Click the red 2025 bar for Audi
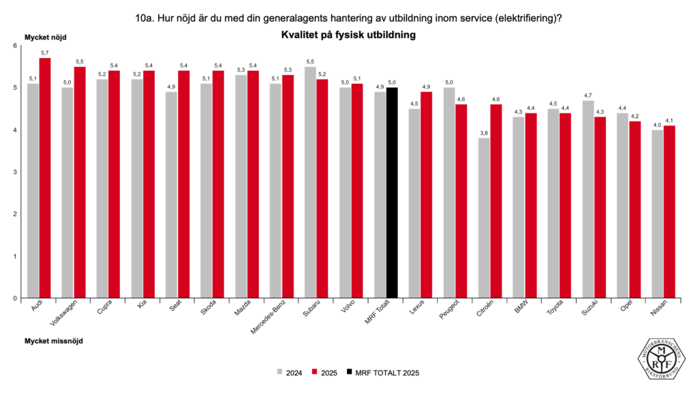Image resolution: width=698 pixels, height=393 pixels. [x=44, y=178]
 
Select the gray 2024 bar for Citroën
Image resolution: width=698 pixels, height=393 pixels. [x=484, y=218]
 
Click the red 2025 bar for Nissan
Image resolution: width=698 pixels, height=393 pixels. [x=669, y=212]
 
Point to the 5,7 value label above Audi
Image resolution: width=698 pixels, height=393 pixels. [x=44, y=53]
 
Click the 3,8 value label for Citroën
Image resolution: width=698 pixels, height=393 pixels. [x=484, y=133]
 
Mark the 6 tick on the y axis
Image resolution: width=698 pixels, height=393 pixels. [x=15, y=46]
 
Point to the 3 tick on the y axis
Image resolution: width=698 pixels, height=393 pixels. [x=15, y=172]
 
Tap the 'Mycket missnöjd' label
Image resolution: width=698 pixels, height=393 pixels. [x=54, y=340]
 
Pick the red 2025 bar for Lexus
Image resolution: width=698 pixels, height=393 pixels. [x=426, y=194]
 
